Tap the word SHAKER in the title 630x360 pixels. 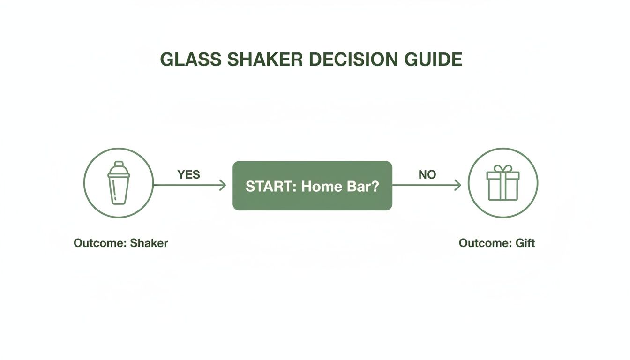pyautogui.click(x=259, y=60)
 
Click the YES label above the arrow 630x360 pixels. pyautogui.click(x=188, y=174)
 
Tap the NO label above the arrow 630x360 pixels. pyautogui.click(x=427, y=174)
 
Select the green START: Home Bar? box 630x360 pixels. pyautogui.click(x=312, y=186)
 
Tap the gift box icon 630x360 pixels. pyautogui.click(x=503, y=184)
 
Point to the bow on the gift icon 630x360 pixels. pyautogui.click(x=503, y=168)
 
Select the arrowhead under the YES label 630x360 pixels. pyautogui.click(x=223, y=185)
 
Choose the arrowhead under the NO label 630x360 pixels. pyautogui.click(x=458, y=185)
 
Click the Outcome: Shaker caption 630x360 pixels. pyautogui.click(x=120, y=243)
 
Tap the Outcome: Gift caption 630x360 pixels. pyautogui.click(x=496, y=243)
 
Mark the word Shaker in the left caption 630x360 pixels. pyautogui.click(x=149, y=243)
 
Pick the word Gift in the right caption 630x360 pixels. pyautogui.click(x=525, y=243)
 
